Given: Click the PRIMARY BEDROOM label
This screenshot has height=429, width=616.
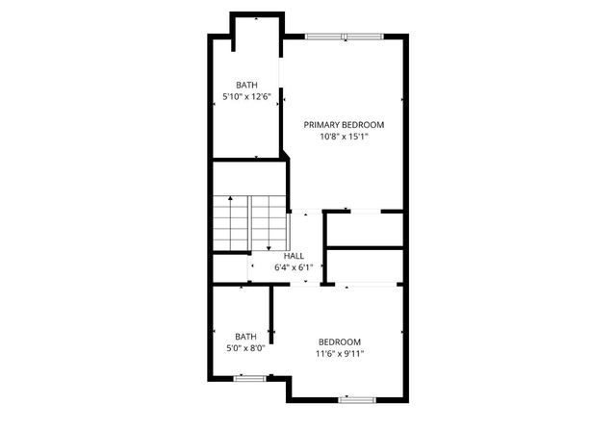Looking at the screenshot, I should (x=344, y=125).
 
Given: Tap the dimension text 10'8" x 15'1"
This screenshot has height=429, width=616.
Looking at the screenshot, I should (x=344, y=137).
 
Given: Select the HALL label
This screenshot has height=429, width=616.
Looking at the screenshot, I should (x=294, y=256).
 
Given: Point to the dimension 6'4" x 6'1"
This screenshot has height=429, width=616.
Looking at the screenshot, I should (x=294, y=267).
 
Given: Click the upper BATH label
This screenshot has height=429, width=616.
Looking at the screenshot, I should (x=246, y=85).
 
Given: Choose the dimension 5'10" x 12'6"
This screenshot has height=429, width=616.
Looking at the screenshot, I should (x=246, y=96).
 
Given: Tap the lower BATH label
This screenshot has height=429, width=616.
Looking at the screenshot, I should (x=245, y=337).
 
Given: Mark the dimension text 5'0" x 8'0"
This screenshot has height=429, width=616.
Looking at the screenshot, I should (x=245, y=348).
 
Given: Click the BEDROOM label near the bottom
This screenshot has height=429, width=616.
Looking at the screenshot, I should (x=340, y=342).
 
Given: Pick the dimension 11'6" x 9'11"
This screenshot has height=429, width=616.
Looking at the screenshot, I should (x=340, y=354).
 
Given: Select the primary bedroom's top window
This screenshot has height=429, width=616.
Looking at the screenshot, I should (x=344, y=37).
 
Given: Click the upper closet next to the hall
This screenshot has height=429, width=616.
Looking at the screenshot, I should (x=363, y=229).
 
